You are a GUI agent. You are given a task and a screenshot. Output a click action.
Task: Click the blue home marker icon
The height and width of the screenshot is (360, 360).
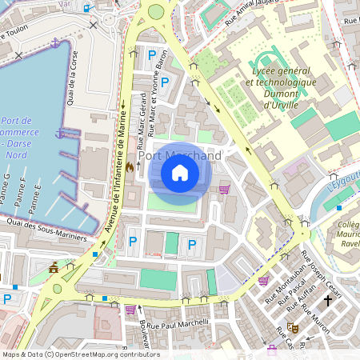click(x=180, y=172)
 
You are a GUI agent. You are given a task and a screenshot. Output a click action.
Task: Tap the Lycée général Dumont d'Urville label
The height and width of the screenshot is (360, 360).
click(x=281, y=82)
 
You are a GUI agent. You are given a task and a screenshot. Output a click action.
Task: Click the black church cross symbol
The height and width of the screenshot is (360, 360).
click(x=327, y=301)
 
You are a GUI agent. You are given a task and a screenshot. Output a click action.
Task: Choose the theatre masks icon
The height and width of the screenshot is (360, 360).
click(x=293, y=327)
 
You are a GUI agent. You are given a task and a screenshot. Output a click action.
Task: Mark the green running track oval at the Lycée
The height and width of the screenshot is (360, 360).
click(x=266, y=63)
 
